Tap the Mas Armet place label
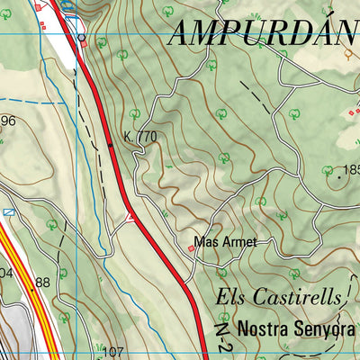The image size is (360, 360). (x=226, y=242)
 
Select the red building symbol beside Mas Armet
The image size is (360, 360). (x=190, y=248)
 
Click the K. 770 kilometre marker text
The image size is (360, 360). (x=140, y=137)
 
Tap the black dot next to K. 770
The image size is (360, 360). (x=111, y=143)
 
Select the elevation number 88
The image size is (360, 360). (x=41, y=283)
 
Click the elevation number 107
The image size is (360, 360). (x=112, y=351)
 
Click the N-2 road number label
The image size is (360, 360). (x=222, y=339)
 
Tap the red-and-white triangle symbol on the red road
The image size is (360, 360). (x=131, y=217)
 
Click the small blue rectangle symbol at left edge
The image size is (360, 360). (x=9, y=211)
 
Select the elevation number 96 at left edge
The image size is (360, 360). (x=8, y=121)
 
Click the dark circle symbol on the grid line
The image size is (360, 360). (x=82, y=37)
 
